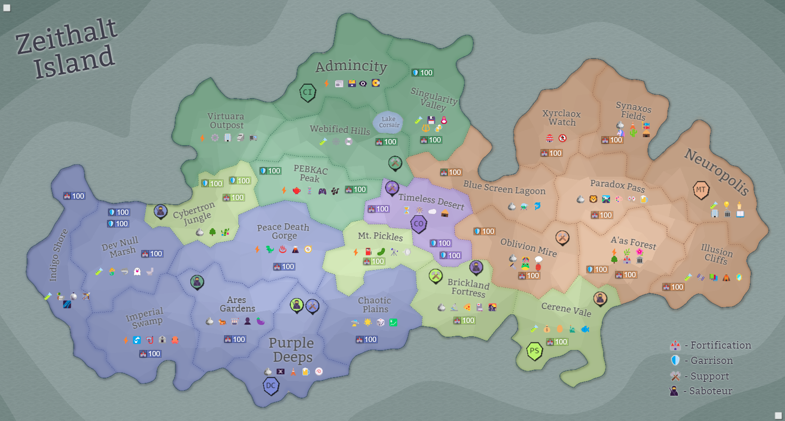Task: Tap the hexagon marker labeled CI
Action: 308,92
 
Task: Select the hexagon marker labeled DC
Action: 271,386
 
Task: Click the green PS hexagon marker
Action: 534,351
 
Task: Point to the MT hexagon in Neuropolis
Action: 701,190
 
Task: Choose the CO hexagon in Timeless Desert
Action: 419,224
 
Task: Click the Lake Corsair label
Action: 389,122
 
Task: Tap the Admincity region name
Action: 351,66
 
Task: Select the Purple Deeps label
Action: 292,350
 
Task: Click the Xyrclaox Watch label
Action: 561,118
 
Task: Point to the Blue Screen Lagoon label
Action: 504,188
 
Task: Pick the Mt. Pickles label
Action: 380,236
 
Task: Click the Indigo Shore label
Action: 58,255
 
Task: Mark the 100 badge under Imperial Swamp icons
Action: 150,354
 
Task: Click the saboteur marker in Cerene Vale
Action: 600,299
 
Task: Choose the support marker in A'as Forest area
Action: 562,237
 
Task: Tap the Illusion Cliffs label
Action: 716,254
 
